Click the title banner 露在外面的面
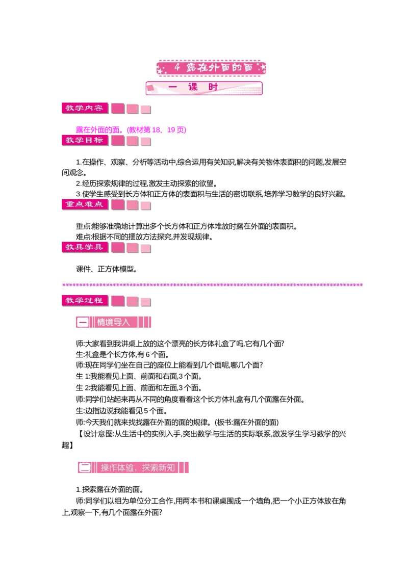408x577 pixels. click(x=211, y=68)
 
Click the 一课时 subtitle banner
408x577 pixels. click(x=204, y=88)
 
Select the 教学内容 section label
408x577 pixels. click(x=85, y=108)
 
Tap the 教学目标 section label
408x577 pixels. click(x=85, y=140)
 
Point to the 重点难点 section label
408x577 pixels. click(x=85, y=204)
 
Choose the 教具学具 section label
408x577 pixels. click(x=85, y=247)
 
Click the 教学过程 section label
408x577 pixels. click(x=85, y=301)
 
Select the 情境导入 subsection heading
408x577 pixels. click(x=113, y=322)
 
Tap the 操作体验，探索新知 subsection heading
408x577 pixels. click(x=133, y=468)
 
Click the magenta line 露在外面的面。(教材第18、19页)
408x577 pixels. click(x=131, y=130)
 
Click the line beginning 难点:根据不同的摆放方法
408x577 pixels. click(x=144, y=237)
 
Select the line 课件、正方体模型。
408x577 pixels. click(x=107, y=269)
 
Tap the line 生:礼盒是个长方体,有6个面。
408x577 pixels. click(x=122, y=355)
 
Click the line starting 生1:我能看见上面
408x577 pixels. click(x=139, y=377)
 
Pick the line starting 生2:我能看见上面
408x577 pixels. click(x=139, y=388)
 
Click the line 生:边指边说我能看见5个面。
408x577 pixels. click(x=122, y=411)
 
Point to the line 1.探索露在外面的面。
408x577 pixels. click(x=110, y=489)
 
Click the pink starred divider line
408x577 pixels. click(x=213, y=285)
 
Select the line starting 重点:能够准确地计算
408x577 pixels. click(x=187, y=226)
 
